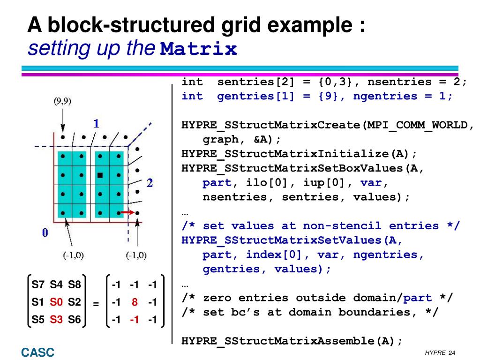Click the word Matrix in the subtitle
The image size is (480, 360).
point(199,49)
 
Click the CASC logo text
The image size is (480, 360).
point(37,352)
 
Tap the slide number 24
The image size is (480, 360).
point(452,353)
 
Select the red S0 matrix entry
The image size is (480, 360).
point(56,302)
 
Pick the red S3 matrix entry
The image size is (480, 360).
point(56,320)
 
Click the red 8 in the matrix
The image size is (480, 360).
point(135,302)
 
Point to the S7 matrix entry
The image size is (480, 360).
point(37,285)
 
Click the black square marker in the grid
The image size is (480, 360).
point(100,175)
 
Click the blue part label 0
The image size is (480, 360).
point(45,233)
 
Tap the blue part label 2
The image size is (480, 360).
point(150,183)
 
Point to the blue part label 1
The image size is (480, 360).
point(96,124)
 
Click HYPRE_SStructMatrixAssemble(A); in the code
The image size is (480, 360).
point(292,341)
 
